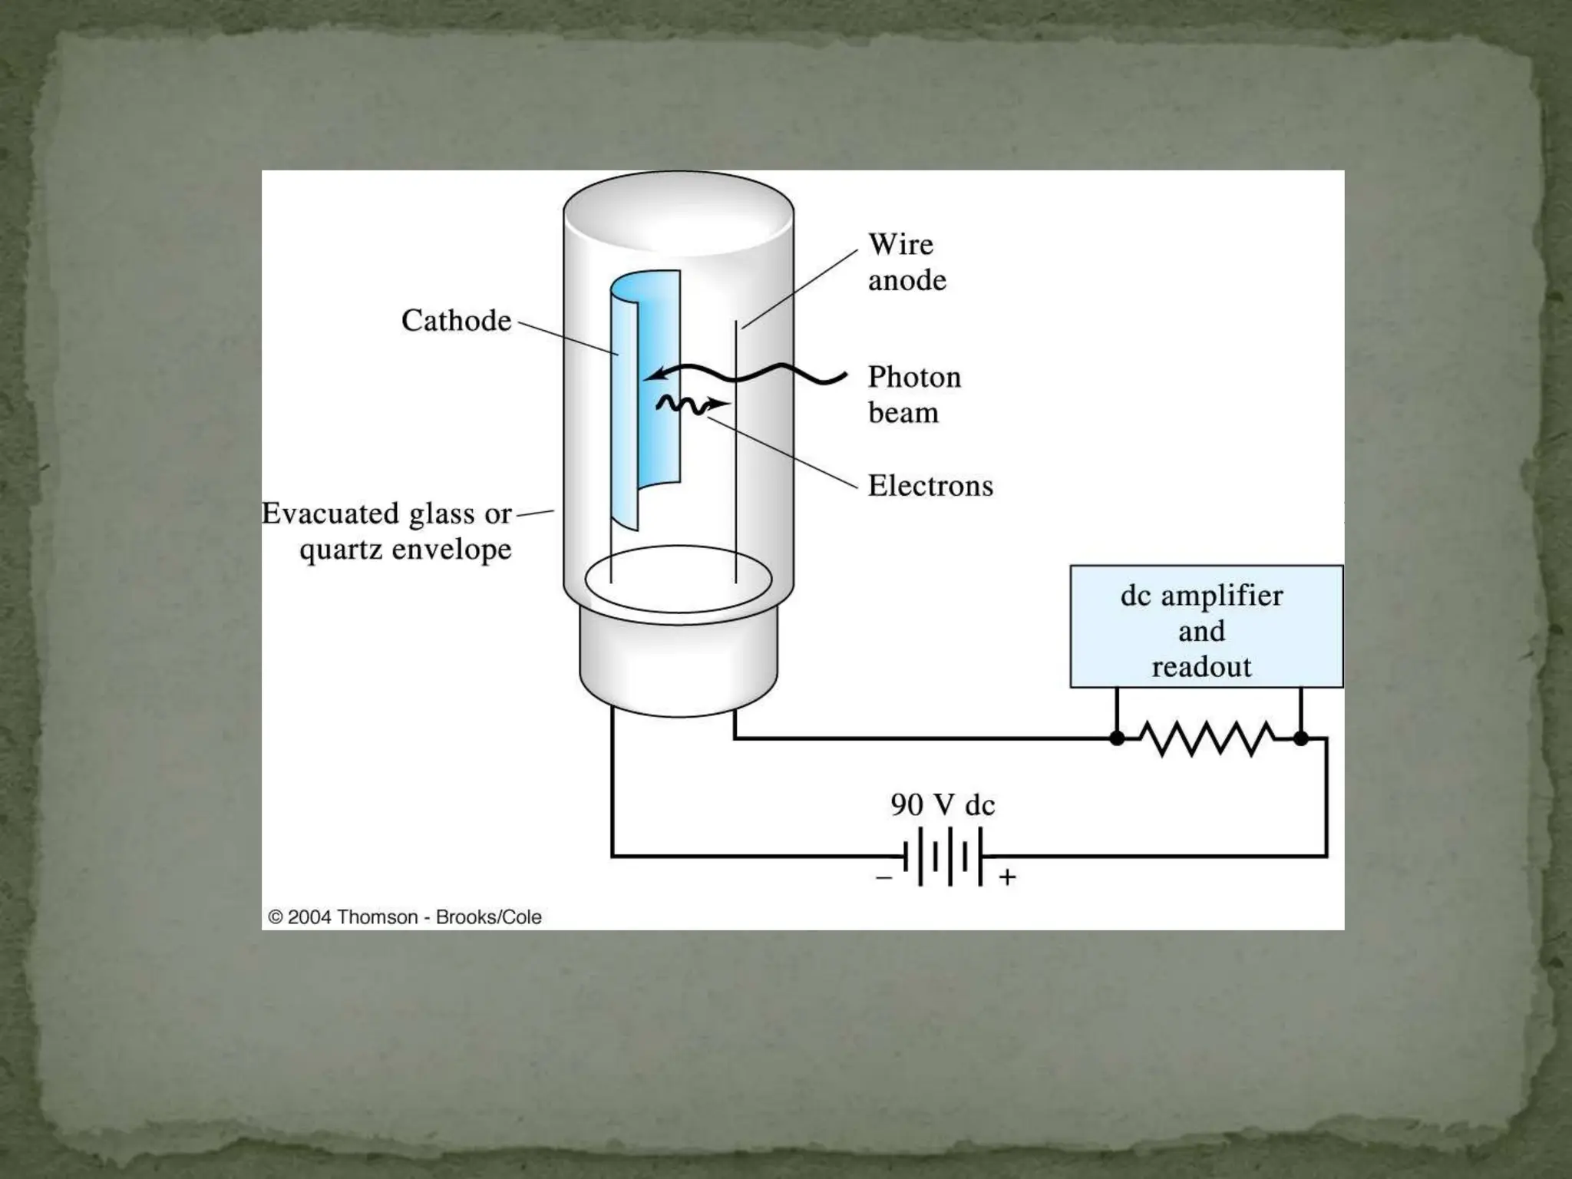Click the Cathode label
coord(456,321)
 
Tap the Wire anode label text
coord(907,263)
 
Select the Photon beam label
coord(913,395)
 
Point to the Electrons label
coord(930,486)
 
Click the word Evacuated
coord(331,514)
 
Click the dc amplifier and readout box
coord(1206,626)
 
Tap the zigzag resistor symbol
coord(1208,738)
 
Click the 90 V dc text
coord(943,805)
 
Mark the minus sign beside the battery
coord(884,877)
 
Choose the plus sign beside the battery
coord(1007,877)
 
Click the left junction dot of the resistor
coord(1118,738)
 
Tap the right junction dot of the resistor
coord(1300,738)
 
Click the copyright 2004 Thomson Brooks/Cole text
coord(405,917)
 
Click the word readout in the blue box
coord(1201,667)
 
